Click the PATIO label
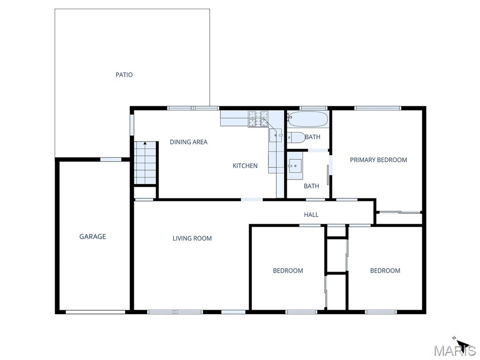[x=124, y=75]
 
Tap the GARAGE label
[x=93, y=236]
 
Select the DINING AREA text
[x=188, y=142]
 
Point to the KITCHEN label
[x=245, y=165]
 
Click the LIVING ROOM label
[x=192, y=238]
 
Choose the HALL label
[x=311, y=215]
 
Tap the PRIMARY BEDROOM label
[x=378, y=160]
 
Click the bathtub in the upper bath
[x=307, y=119]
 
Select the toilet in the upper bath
[x=296, y=137]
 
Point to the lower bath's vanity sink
[x=295, y=166]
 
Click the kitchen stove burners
[x=258, y=119]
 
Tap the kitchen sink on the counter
[x=276, y=135]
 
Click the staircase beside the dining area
[x=145, y=163]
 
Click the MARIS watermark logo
[x=455, y=351]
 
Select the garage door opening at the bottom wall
[x=96, y=312]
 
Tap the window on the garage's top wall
[x=111, y=159]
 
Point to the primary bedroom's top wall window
[x=378, y=108]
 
